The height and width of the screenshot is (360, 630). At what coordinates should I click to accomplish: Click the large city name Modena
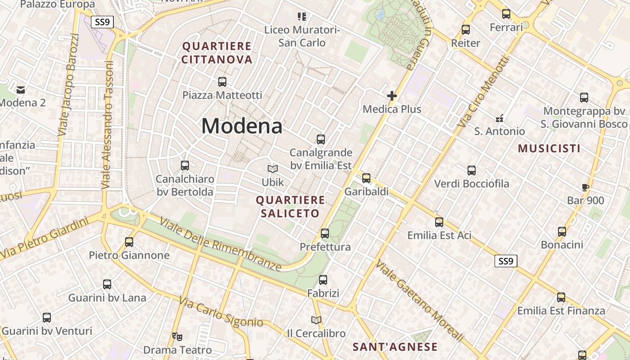click(x=242, y=126)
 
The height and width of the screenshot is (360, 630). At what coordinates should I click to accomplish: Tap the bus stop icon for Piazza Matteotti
click(x=222, y=82)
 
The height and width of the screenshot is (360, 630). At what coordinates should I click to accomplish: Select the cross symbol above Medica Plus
click(x=392, y=96)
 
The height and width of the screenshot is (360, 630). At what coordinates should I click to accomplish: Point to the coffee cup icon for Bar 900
click(x=585, y=187)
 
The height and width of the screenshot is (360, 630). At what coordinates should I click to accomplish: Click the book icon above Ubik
click(x=273, y=169)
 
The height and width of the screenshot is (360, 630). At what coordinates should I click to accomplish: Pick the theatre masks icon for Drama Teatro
click(x=177, y=336)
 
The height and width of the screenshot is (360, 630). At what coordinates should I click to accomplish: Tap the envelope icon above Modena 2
click(x=21, y=90)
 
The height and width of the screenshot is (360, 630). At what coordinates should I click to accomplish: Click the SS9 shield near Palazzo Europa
click(x=102, y=22)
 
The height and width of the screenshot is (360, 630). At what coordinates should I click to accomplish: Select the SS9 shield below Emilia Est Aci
click(x=506, y=261)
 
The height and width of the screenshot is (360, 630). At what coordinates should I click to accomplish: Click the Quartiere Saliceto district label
click(x=290, y=207)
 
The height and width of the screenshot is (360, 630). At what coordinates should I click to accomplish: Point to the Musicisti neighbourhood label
click(x=549, y=148)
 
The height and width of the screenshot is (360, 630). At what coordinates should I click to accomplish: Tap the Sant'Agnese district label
click(x=395, y=347)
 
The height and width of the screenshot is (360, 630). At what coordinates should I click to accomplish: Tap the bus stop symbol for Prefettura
click(x=325, y=234)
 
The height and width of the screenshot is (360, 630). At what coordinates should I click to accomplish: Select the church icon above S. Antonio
click(x=499, y=118)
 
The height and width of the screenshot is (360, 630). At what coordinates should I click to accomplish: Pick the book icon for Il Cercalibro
click(x=316, y=320)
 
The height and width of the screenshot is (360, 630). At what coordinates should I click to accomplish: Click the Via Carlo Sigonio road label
click(x=221, y=312)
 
